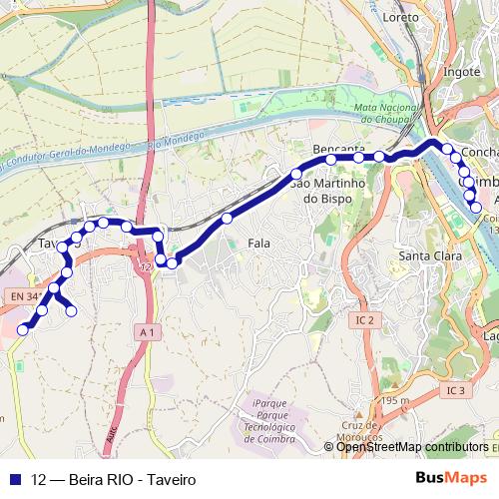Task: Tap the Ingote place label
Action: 461,71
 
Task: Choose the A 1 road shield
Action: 148,331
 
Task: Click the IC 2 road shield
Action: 364,319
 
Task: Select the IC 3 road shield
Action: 456,390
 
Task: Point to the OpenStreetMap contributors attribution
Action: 412,447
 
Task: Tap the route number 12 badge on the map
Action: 147,267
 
